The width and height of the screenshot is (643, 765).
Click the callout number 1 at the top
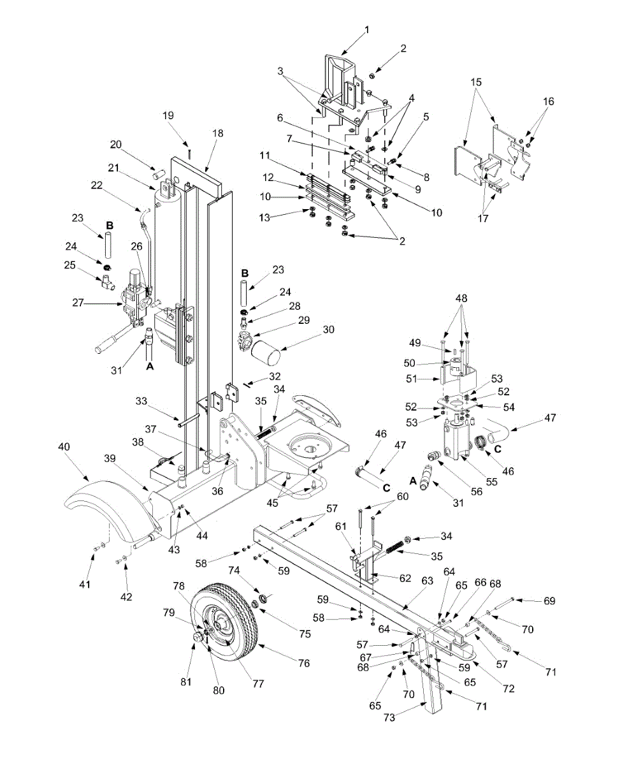click(367, 30)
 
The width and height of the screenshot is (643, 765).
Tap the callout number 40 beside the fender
click(64, 446)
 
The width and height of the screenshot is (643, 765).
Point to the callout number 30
click(328, 330)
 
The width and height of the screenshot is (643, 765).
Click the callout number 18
click(217, 133)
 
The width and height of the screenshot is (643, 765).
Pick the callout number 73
click(389, 717)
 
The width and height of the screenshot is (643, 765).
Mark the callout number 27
click(78, 303)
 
